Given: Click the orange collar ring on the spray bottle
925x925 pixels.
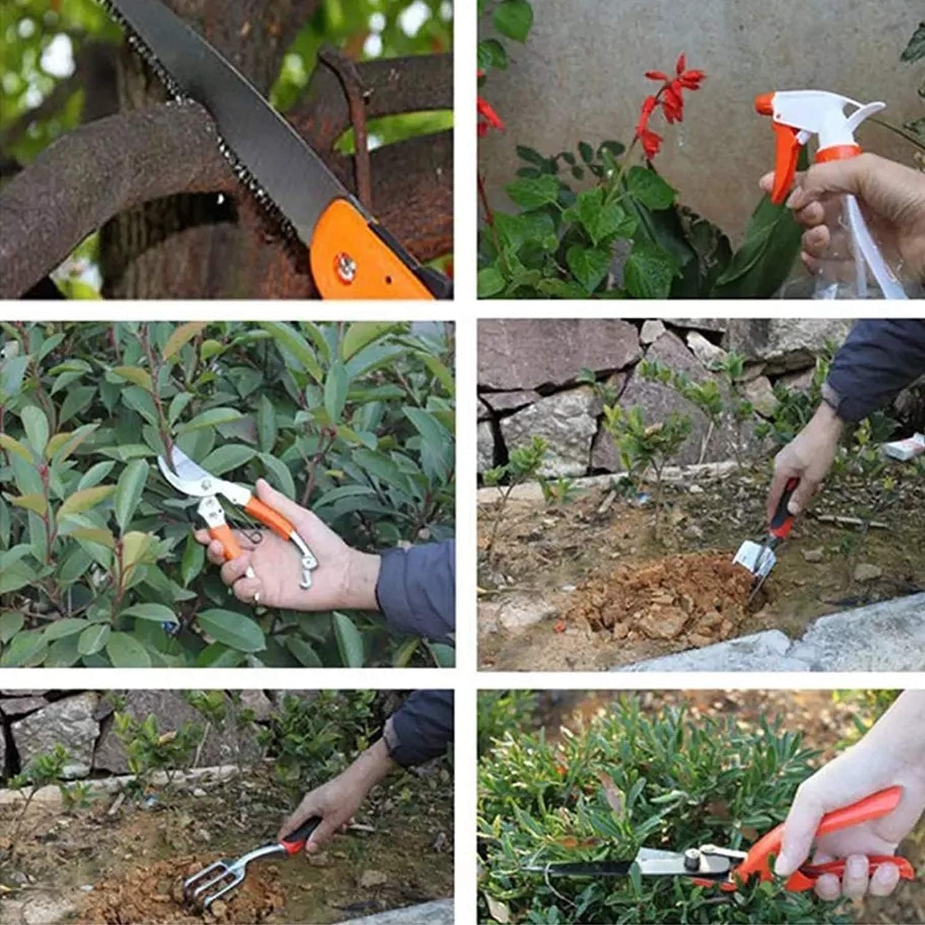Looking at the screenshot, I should [x=839, y=153].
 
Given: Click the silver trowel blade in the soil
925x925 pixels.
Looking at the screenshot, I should [x=749, y=558].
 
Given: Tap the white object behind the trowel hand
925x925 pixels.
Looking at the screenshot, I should [x=903, y=447].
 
